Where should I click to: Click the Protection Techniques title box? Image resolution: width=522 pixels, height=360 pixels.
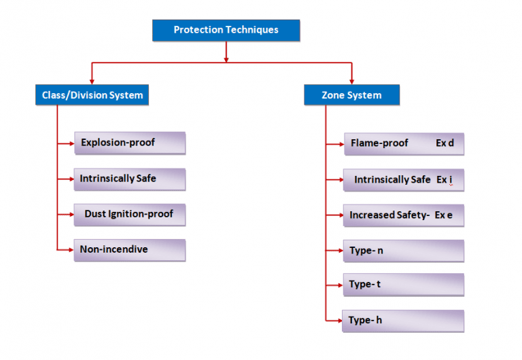pyautogui.click(x=226, y=30)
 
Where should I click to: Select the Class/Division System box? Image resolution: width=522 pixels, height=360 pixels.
pyautogui.click(x=92, y=95)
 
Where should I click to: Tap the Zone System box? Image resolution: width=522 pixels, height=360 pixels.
pyautogui.click(x=351, y=95)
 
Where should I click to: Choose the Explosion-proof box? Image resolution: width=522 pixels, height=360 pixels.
pyautogui.click(x=129, y=143)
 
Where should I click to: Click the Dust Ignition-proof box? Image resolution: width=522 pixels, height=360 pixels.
pyautogui.click(x=129, y=214)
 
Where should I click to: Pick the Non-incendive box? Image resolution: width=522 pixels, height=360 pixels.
pyautogui.click(x=129, y=250)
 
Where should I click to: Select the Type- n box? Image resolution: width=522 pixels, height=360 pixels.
pyautogui.click(x=403, y=251)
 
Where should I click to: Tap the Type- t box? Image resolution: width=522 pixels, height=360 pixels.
pyautogui.click(x=403, y=285)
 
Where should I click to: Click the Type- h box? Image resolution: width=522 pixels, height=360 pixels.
pyautogui.click(x=403, y=321)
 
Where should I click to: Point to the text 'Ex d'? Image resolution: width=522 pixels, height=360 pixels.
pyautogui.click(x=445, y=143)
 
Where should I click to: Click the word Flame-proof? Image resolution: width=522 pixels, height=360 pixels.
pyautogui.click(x=379, y=143)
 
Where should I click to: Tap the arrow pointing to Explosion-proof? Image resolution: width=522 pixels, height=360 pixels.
pyautogui.click(x=69, y=143)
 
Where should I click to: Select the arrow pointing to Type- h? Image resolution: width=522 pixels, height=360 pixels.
pyautogui.click(x=338, y=321)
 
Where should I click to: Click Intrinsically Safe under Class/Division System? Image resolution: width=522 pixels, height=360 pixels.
pyautogui.click(x=118, y=179)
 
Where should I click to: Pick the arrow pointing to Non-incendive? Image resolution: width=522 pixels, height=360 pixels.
pyautogui.click(x=69, y=250)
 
